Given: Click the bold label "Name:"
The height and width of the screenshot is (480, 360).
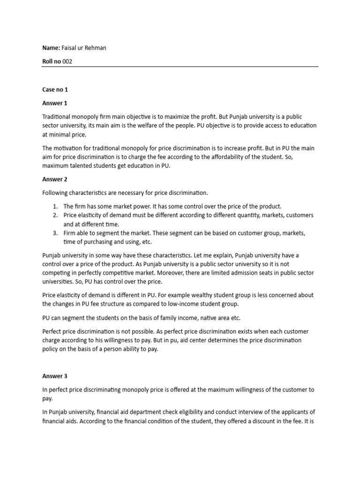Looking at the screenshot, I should coord(51,48).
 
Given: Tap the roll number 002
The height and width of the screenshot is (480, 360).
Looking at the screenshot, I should coord(67,61).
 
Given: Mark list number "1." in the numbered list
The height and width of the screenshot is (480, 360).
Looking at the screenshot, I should coord(55,206).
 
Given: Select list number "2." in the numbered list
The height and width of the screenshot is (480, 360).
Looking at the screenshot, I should coord(55,215).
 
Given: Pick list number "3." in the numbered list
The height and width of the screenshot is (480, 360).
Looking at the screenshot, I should coord(55,233).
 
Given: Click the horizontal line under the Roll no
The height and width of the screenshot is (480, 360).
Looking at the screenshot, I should coord(180,67).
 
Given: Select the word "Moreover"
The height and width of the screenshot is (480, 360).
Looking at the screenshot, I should coord(179,273).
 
